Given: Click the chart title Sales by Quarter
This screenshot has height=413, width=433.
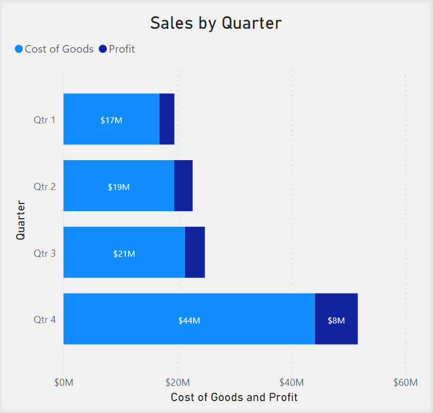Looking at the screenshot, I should click(x=216, y=23).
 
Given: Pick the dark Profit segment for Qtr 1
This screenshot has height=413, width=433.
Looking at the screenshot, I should click(x=167, y=119).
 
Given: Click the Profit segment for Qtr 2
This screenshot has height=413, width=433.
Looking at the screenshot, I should click(x=183, y=186).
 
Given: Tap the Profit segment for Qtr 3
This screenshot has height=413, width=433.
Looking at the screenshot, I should click(x=195, y=252).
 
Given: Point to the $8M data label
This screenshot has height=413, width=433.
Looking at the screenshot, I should click(x=336, y=320).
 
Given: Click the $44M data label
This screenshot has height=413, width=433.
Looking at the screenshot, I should click(x=189, y=320).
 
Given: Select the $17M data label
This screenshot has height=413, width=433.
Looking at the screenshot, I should click(x=111, y=120).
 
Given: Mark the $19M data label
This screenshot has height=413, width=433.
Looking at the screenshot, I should click(x=119, y=187).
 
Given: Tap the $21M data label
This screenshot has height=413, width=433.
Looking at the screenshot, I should click(x=124, y=253).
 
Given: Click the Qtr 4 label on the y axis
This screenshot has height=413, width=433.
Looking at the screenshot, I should click(x=44, y=319).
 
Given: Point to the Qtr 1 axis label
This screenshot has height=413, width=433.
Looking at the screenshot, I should click(x=44, y=119).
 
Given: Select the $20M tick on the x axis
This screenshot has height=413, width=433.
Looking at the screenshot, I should click(x=178, y=383).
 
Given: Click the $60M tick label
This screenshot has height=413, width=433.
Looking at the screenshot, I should click(x=405, y=383).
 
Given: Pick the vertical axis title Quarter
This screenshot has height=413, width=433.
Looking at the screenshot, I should click(x=21, y=220).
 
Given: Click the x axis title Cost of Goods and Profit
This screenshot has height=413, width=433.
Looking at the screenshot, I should click(x=234, y=397).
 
